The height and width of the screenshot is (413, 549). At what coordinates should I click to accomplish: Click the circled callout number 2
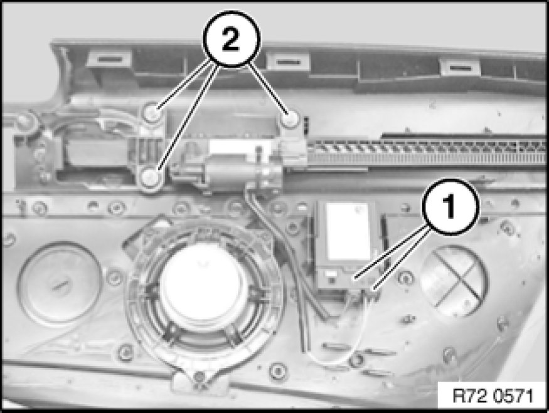(232, 39)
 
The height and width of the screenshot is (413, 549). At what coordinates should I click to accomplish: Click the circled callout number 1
(450, 206)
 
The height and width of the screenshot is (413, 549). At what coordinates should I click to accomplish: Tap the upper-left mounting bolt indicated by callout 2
(151, 113)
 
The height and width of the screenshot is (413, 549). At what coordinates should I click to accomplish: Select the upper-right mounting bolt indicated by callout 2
(290, 120)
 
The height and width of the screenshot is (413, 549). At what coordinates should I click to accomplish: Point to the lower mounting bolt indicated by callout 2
(151, 177)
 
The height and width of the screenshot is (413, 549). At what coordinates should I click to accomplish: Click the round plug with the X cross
(453, 281)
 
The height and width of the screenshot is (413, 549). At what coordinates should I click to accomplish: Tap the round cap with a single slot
(60, 283)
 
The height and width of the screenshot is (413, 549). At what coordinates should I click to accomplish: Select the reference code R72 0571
(493, 396)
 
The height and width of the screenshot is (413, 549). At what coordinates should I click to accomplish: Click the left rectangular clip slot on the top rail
(110, 59)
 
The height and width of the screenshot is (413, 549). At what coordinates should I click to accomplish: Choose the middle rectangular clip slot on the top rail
(287, 63)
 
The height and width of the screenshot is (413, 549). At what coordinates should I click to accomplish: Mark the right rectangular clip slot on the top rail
(460, 67)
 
